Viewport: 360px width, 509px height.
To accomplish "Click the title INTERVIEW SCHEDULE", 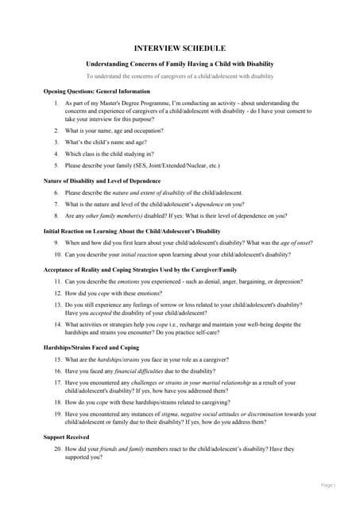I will point(180,49).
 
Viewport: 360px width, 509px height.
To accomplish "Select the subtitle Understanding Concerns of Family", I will point(180,63).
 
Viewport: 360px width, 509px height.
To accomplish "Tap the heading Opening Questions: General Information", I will point(96,91).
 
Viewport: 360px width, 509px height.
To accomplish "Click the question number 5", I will point(56,165).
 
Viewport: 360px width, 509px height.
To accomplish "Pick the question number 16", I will point(57,371).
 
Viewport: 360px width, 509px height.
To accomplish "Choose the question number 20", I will point(57,449).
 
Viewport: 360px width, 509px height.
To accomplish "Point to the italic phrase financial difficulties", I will point(144,371).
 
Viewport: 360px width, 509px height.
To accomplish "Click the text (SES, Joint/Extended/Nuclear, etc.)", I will point(175,165).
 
